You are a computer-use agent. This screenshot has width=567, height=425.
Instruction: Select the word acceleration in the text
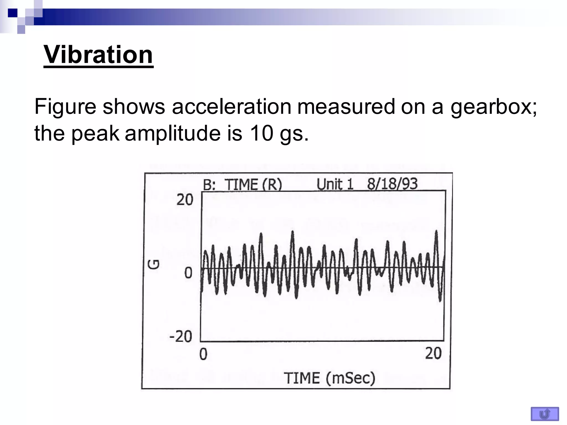point(231,107)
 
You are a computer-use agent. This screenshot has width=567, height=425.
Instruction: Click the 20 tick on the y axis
point(185,199)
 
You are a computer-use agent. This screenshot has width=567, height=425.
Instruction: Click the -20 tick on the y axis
point(181,337)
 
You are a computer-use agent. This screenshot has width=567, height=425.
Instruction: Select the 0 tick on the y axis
point(188,273)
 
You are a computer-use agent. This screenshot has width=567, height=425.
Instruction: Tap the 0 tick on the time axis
point(203,354)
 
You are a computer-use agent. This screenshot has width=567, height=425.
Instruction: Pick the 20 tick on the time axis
point(433,354)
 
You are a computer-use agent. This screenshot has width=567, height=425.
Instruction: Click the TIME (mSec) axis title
point(329,378)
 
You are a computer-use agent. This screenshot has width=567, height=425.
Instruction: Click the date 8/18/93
point(392,183)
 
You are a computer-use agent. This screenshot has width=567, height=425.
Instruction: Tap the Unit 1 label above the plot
point(335,184)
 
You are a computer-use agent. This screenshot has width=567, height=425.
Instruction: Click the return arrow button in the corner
point(545,414)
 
